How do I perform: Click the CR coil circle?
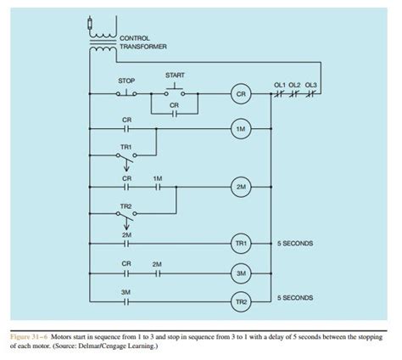[241, 95]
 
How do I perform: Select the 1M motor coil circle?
[241, 128]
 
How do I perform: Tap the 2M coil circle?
[241, 187]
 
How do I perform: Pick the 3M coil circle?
[241, 273]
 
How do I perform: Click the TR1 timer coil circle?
[241, 244]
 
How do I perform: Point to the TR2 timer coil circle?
[241, 301]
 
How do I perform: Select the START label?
[176, 75]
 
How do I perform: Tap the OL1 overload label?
[280, 84]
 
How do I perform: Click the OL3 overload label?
[310, 84]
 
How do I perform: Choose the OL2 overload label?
[295, 84]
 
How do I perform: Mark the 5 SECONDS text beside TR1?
[294, 244]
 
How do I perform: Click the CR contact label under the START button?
[175, 105]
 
